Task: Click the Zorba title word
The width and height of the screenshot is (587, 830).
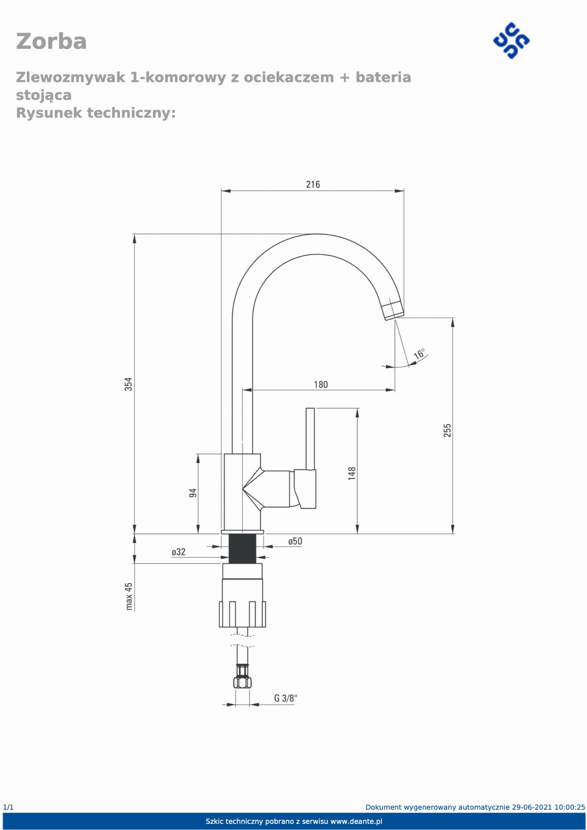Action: click(51, 41)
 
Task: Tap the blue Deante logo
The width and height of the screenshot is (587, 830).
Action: click(511, 41)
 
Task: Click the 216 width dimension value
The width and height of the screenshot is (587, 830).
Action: click(313, 184)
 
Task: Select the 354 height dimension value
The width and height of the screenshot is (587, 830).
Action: click(128, 384)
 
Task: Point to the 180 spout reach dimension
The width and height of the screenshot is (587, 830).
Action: click(321, 384)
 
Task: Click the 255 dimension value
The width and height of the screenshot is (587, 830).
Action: click(447, 430)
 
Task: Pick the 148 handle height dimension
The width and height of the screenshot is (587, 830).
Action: click(351, 473)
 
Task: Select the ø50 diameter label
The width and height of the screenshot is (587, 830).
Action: click(295, 541)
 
